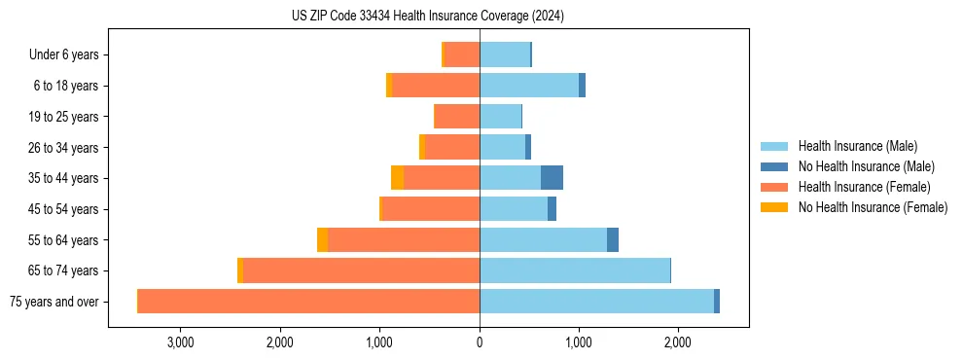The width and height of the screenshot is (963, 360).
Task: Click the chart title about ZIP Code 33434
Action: (x=427, y=17)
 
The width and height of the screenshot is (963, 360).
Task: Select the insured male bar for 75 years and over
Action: (x=596, y=302)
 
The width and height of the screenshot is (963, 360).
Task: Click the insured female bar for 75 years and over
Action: (x=308, y=302)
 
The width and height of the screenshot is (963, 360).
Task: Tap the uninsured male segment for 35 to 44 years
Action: (x=552, y=178)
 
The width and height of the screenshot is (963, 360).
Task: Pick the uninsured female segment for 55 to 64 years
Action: (x=322, y=240)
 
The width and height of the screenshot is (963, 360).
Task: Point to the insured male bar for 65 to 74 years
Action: (x=575, y=270)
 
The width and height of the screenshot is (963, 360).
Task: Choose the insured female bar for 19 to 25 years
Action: (x=456, y=117)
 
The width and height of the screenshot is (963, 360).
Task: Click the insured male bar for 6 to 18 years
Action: (x=529, y=86)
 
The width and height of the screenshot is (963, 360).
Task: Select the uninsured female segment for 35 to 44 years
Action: (x=397, y=178)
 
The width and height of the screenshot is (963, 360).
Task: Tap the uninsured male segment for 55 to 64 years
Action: (x=613, y=240)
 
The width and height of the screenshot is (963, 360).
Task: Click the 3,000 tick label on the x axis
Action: (x=181, y=342)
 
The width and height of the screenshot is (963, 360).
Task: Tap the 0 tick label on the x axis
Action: (x=480, y=342)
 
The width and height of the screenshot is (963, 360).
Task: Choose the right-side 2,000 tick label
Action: (x=678, y=342)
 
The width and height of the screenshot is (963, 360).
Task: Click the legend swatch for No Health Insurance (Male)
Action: (x=775, y=166)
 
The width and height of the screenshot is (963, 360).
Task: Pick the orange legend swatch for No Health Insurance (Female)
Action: (x=775, y=207)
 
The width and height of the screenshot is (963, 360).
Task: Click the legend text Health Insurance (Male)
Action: (x=857, y=146)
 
